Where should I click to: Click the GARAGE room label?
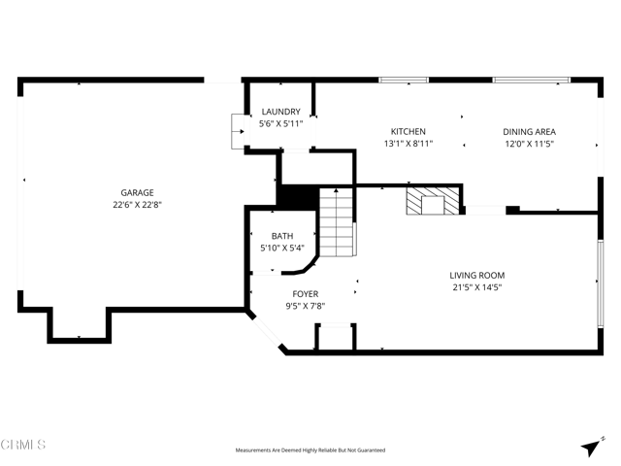(x=137, y=193)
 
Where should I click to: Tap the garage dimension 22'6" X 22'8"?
(x=137, y=205)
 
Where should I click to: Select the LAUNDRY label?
(x=280, y=113)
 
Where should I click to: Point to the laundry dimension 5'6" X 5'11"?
(x=280, y=124)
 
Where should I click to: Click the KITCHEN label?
(x=408, y=132)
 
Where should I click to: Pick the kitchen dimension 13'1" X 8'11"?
(x=408, y=144)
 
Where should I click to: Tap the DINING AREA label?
(x=529, y=132)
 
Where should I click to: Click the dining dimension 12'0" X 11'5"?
(x=529, y=144)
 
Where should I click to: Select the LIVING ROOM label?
(x=477, y=276)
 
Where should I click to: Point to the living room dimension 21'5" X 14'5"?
(x=477, y=287)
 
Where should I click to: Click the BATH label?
(x=281, y=236)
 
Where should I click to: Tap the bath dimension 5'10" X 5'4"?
(x=281, y=248)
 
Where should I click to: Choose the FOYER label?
(x=305, y=294)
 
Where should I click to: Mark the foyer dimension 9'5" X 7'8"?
(x=305, y=306)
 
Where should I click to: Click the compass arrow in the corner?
(x=590, y=447)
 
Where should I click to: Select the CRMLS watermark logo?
(x=23, y=446)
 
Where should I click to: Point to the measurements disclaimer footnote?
(x=310, y=450)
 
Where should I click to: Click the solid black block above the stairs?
(x=297, y=195)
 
